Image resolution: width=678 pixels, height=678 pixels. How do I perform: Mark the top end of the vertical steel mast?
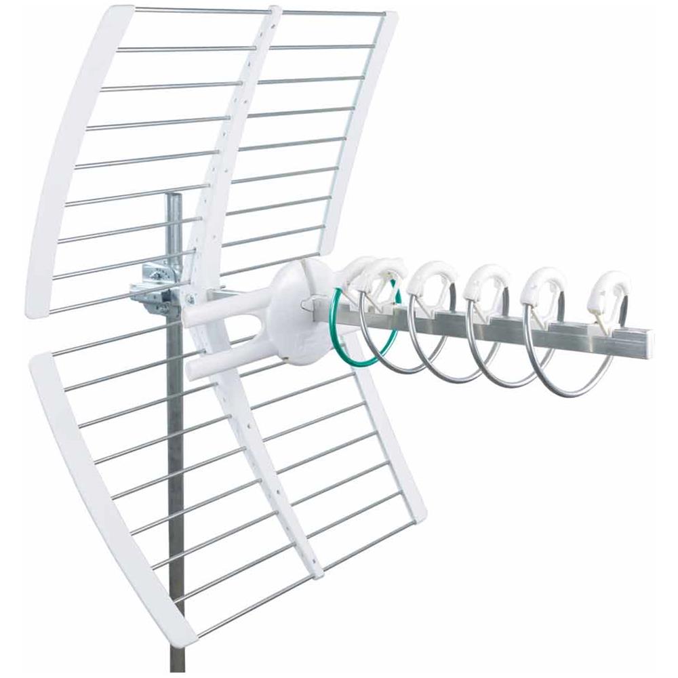click(x=174, y=197)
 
